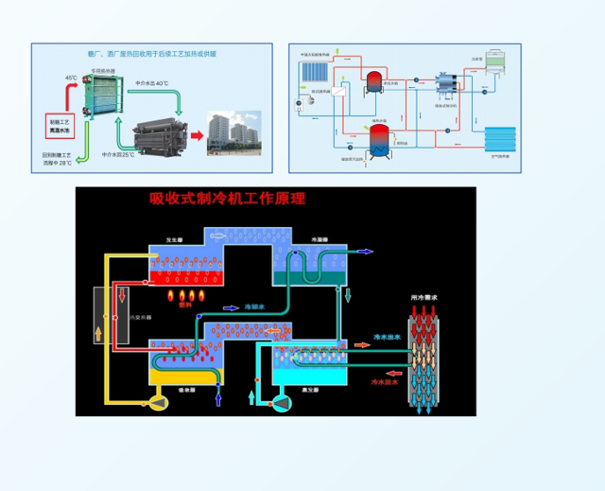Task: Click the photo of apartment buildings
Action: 233,134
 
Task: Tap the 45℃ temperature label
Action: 71,78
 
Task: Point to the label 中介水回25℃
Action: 119,153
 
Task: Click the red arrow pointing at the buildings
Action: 196,135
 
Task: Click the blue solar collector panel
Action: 314,74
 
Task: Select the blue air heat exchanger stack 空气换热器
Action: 502,140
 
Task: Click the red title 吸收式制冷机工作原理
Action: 228,199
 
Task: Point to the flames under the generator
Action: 185,298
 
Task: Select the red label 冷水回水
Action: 386,382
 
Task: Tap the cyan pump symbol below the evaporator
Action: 280,404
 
